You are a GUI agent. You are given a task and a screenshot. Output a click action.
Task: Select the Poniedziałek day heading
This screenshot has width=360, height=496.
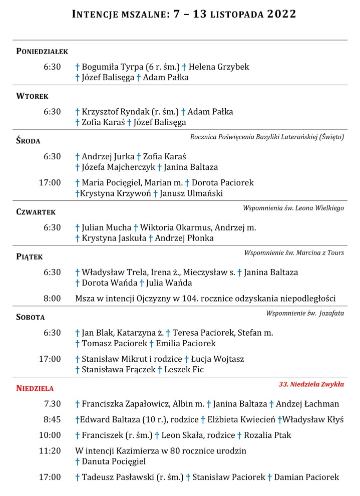(42, 51)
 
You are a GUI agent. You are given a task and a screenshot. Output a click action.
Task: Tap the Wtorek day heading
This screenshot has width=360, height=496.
(32, 96)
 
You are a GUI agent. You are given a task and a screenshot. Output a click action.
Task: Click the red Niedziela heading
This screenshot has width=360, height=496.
(35, 388)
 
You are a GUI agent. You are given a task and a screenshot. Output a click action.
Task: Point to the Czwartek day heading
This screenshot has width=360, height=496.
(36, 212)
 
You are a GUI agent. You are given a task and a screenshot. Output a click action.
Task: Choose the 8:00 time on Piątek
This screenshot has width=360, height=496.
(52, 299)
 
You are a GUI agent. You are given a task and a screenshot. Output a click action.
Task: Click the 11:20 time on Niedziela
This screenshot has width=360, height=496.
(50, 450)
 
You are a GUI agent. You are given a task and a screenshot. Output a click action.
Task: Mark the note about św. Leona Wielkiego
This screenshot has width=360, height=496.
(293, 208)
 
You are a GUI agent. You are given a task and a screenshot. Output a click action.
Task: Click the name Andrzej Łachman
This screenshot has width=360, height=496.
(307, 404)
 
